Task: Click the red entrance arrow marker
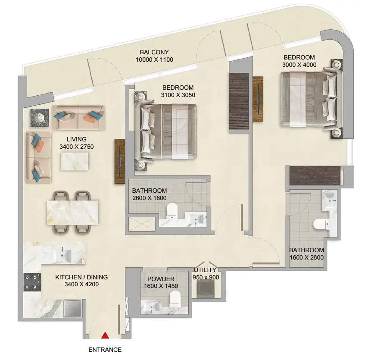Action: pyautogui.click(x=105, y=335)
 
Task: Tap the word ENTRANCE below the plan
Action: pyautogui.click(x=105, y=350)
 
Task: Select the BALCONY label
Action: pyautogui.click(x=154, y=52)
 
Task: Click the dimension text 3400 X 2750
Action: pyautogui.click(x=77, y=147)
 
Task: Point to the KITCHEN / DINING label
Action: pyautogui.click(x=81, y=277)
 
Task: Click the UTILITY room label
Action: pyautogui.click(x=205, y=270)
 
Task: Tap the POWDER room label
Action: pyautogui.click(x=161, y=279)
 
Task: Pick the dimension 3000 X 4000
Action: pyautogui.click(x=299, y=65)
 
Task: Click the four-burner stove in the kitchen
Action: pyautogui.click(x=32, y=282)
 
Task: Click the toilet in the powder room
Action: pyautogui.click(x=175, y=298)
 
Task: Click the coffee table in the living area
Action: pyautogui.click(x=75, y=162)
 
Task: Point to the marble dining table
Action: pyautogui.click(x=72, y=213)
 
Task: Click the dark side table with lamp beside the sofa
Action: pyautogui.click(x=40, y=118)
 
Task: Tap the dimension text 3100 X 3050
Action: pyautogui.click(x=178, y=95)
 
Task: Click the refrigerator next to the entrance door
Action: pyautogui.click(x=72, y=308)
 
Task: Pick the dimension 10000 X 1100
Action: pyautogui.click(x=154, y=59)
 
